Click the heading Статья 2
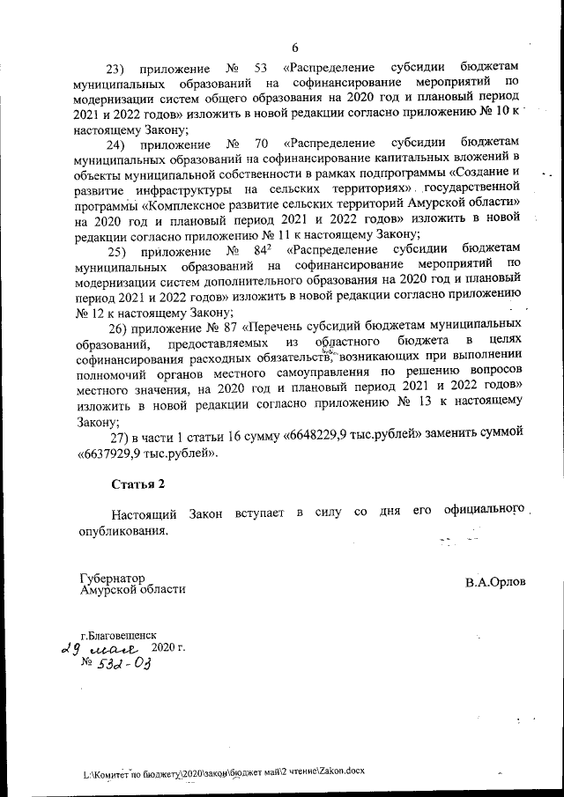coord(138,483)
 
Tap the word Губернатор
coord(112,578)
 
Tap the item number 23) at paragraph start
coord(117,69)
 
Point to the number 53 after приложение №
coord(261,69)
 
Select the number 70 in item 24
coord(261,142)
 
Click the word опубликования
coord(122,531)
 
